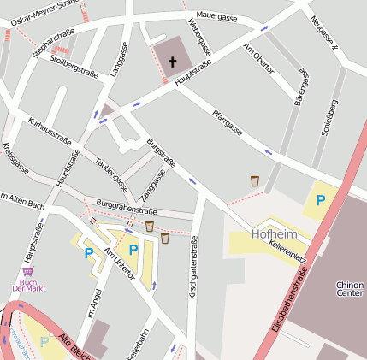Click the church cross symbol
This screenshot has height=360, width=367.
coord(173,62)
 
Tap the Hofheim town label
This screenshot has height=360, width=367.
coord(274,233)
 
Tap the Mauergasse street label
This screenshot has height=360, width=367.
coord(216,16)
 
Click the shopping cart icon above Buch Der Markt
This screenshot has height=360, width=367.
coord(28,270)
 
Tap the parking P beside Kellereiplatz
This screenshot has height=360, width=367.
coord(321,200)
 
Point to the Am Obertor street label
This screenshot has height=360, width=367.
coord(258,58)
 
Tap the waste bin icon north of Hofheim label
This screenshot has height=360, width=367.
coord(255,180)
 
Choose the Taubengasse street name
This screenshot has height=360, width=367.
coord(112,174)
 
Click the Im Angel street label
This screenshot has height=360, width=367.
coord(94,304)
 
